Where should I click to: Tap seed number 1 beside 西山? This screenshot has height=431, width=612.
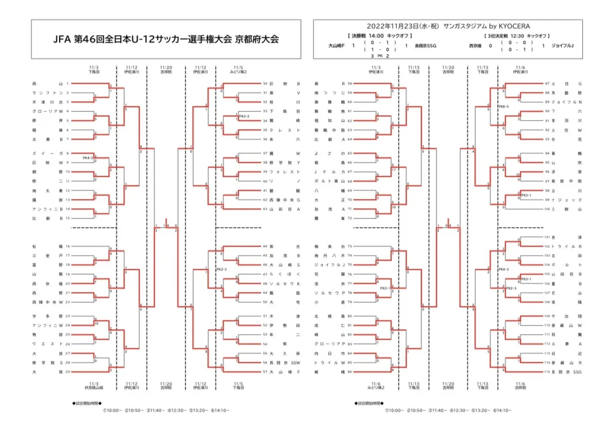[68, 84]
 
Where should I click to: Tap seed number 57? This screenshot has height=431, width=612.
[265, 372]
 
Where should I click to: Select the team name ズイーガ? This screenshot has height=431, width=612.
[49, 154]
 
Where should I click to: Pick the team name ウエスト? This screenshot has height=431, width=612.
[49, 344]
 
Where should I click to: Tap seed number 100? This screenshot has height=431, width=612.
[547, 209]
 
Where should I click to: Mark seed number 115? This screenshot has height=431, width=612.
[547, 372]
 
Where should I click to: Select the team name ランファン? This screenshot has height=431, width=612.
[49, 93]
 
